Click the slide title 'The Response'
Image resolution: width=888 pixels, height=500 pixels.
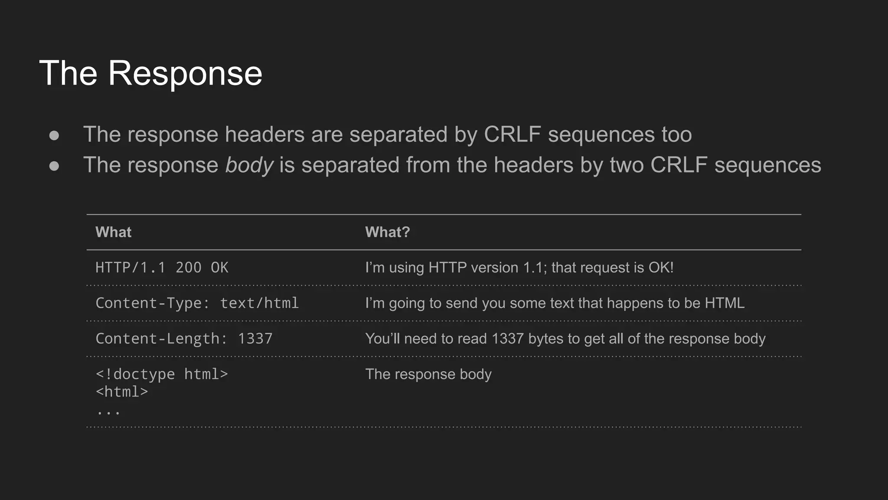(x=150, y=73)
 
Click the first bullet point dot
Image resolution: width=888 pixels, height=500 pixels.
(x=54, y=135)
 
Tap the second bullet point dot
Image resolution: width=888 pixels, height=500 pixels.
(x=54, y=166)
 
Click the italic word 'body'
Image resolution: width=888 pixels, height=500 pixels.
(x=249, y=165)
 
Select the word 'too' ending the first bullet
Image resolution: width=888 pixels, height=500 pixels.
(x=676, y=135)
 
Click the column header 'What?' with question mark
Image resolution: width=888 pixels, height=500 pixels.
(x=387, y=232)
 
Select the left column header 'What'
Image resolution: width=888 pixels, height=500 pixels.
(x=113, y=232)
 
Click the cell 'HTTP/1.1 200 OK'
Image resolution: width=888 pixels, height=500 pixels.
(x=162, y=267)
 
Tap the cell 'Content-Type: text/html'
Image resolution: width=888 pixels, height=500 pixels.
(x=197, y=303)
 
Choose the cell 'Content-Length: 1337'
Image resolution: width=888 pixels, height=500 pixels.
(x=184, y=339)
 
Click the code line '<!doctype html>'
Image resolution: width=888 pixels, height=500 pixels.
(x=162, y=374)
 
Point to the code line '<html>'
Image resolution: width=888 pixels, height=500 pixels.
(x=122, y=392)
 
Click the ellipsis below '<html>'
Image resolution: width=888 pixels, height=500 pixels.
(x=108, y=411)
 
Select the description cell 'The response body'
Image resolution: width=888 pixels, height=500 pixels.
(x=428, y=374)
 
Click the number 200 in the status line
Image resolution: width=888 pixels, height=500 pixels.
(x=189, y=267)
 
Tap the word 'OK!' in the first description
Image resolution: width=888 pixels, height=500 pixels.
(x=661, y=267)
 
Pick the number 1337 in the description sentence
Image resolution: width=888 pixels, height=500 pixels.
(x=508, y=339)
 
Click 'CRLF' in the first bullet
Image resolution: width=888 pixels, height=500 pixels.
(x=512, y=135)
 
